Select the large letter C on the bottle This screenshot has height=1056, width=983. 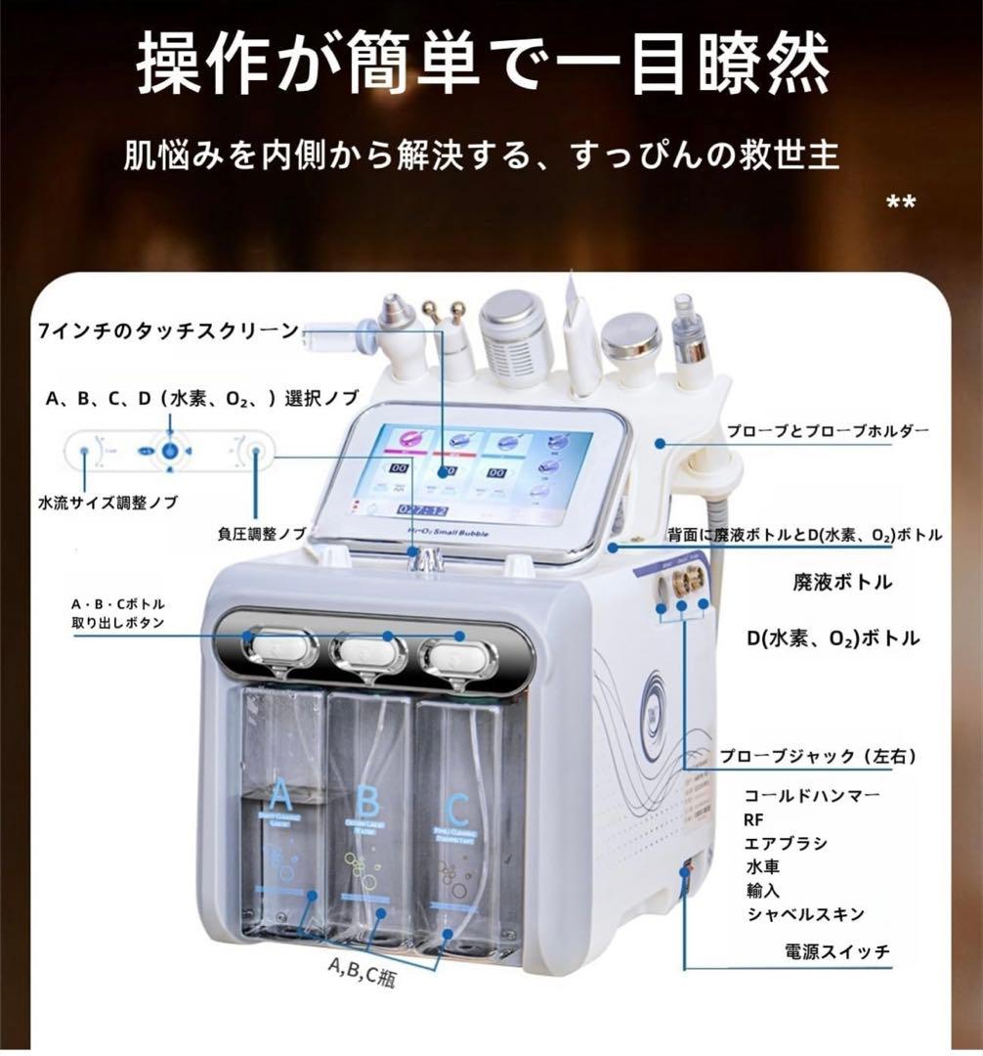(x=456, y=809)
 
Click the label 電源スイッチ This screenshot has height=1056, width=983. (x=837, y=950)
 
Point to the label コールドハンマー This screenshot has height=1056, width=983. (x=812, y=795)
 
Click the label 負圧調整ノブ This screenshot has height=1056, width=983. (x=262, y=534)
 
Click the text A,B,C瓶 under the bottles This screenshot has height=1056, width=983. (x=367, y=970)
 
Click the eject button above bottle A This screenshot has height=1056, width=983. (x=281, y=646)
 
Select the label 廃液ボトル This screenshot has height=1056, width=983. (x=841, y=582)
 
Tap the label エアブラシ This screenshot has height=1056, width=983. (x=786, y=843)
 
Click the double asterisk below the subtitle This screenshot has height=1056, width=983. (x=900, y=203)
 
